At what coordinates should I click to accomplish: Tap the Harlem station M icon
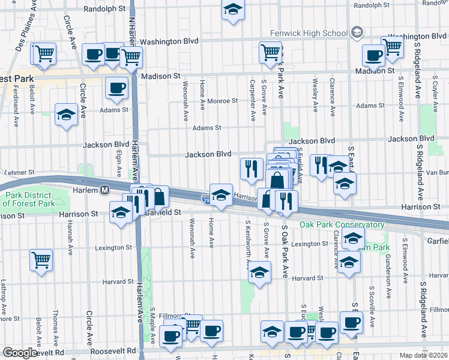pyautogui.click(x=104, y=190)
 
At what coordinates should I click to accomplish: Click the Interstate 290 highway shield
pyautogui.click(x=205, y=197)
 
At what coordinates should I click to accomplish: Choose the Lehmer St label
pyautogui.click(x=16, y=172)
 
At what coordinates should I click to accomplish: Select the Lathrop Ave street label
pyautogui.click(x=3, y=294)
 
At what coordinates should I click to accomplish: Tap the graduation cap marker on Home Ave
pyautogui.click(x=221, y=194)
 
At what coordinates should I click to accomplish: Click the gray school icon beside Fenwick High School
pyautogui.click(x=357, y=32)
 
